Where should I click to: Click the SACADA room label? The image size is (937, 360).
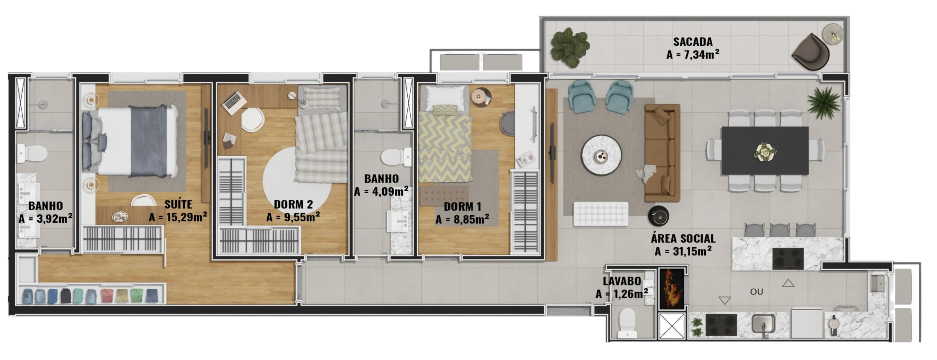click(x=693, y=42)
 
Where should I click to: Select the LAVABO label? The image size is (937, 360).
click(x=622, y=281)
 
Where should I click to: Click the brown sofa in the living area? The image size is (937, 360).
click(x=662, y=153)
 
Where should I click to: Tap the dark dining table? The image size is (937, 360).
click(x=765, y=151)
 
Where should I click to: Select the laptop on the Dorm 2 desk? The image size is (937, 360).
click(x=232, y=100)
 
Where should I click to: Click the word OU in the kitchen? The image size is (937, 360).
click(x=757, y=292)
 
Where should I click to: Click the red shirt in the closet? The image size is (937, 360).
click(x=107, y=296)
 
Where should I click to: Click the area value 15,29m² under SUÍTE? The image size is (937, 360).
click(x=178, y=217)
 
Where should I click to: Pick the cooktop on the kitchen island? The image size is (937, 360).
click(x=788, y=259)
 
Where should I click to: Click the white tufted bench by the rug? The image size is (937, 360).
click(x=601, y=214)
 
